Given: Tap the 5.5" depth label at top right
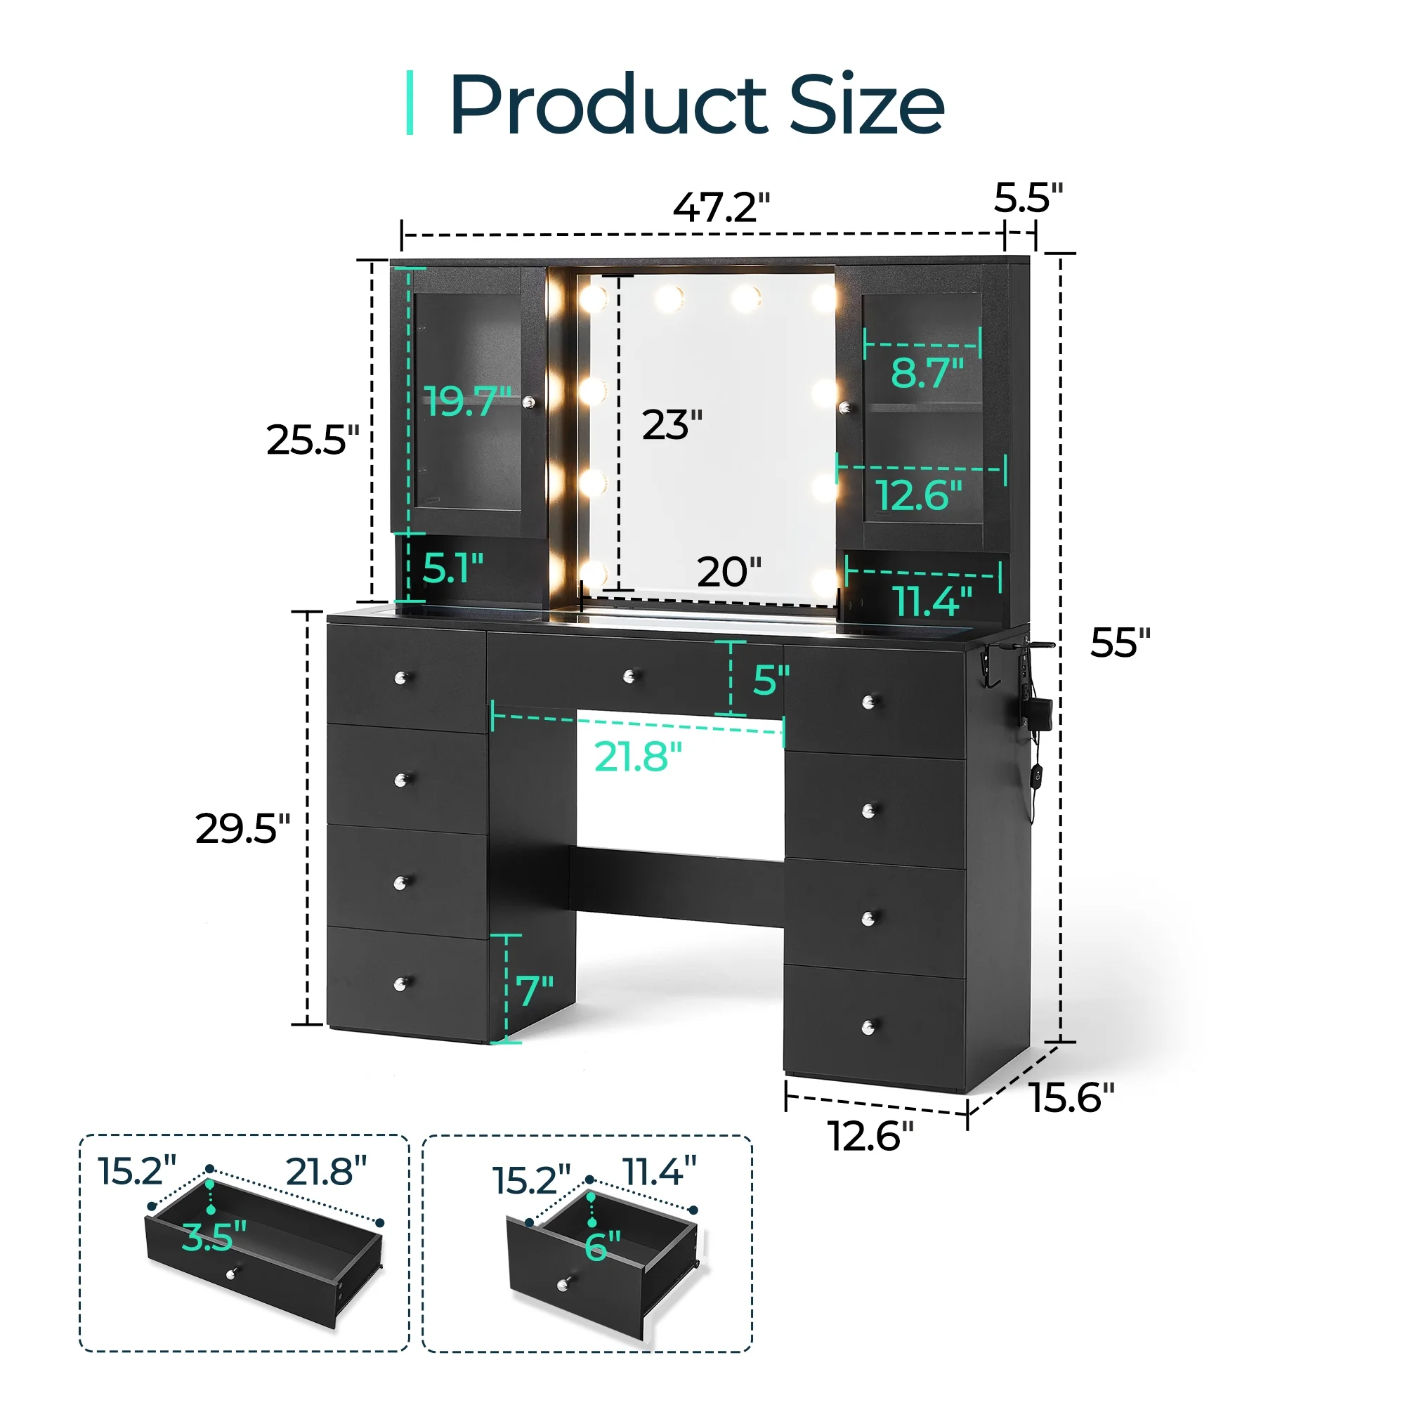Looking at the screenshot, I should tap(1028, 198).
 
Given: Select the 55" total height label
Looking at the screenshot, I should tap(1120, 642).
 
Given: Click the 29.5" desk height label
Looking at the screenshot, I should tap(242, 828).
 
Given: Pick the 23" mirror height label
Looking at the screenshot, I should tap(671, 425).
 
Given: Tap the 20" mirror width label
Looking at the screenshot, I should tap(728, 572).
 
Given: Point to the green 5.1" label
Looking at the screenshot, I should tap(452, 568).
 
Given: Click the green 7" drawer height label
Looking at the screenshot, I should tap(535, 991).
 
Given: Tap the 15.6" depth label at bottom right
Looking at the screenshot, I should tap(1072, 1097).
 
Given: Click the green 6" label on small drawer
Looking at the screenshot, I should tap(602, 1246).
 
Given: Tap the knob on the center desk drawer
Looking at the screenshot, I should tap(629, 677).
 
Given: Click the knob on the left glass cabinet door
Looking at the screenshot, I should tap(529, 401).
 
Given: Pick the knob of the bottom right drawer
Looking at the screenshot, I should tap(868, 1028).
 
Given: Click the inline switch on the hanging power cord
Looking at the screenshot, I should tap(1035, 776).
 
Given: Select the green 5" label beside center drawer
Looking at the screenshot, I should tap(770, 680).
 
